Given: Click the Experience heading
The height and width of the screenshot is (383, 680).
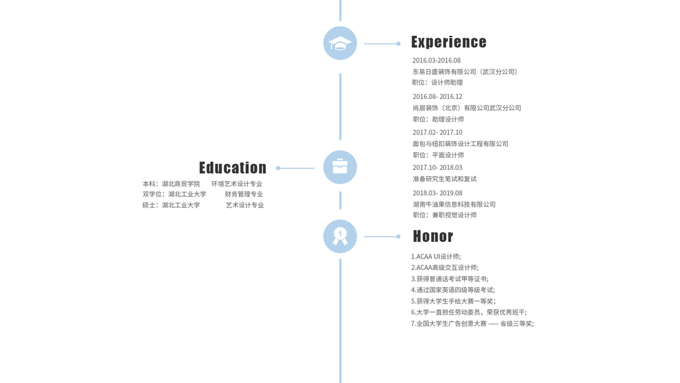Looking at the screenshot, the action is point(449,43).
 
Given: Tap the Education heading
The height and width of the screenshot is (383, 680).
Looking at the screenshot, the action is point(233,168).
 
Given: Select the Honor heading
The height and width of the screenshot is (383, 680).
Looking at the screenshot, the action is point(433,236).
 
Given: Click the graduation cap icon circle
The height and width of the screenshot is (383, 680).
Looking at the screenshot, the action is point(340,43).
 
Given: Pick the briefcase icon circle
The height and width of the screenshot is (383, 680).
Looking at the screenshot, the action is point(340,167).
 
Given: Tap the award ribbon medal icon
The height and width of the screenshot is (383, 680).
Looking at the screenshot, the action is point(340,236).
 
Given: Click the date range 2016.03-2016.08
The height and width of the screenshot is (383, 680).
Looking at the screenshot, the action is point(437,61).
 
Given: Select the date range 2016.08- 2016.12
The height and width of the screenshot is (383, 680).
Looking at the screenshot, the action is point(437,97).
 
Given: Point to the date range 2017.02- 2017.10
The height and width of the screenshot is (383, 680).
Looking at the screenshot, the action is point(437,133).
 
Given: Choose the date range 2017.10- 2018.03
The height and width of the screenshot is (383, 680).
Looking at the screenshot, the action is point(437,168).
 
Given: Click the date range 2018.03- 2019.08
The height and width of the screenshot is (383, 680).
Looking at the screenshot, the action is point(437,193).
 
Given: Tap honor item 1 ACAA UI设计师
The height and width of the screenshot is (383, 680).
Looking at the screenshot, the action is point(436,257).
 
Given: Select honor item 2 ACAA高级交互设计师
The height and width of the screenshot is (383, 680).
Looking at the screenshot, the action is point(445,268).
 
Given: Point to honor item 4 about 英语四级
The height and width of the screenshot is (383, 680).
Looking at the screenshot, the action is point(452,290).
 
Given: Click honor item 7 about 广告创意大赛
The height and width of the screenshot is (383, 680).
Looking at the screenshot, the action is point(472,324).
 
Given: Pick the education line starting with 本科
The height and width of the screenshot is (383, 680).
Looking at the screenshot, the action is point(171,184).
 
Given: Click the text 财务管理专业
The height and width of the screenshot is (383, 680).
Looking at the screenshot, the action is point(243,194).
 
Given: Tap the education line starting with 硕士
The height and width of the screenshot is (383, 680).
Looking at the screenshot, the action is point(171,206).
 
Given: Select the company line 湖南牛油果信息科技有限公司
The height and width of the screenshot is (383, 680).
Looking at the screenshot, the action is point(454,204).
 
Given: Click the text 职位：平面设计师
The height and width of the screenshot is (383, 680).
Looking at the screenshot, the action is point(438,155).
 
